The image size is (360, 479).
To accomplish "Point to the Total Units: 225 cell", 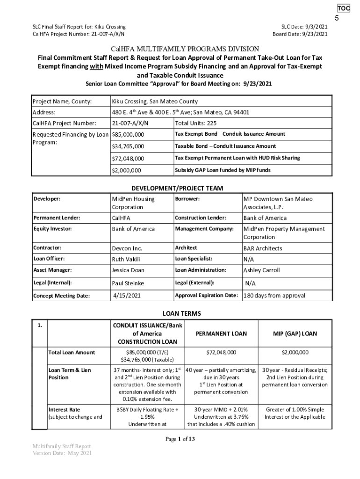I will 195,123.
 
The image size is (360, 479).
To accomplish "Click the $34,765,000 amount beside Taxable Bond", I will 128,146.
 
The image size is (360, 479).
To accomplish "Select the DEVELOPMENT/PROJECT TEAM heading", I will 177,188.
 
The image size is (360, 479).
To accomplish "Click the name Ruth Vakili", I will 126,259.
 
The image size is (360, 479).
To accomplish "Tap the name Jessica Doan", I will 128,270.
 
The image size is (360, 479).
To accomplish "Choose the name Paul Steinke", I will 128,283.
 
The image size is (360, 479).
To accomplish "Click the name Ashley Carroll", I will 261,270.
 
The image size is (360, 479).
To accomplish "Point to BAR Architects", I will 263,248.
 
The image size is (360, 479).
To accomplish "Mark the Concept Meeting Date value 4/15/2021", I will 128,295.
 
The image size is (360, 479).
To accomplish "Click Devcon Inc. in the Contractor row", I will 127,248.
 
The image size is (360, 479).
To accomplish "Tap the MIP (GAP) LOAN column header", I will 295,334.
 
